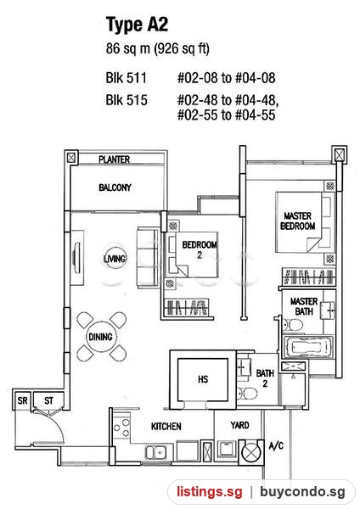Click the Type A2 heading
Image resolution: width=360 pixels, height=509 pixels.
coord(137,25)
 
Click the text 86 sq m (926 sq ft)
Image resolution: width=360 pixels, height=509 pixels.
coord(158,48)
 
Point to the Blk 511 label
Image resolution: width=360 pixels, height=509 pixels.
coord(126,78)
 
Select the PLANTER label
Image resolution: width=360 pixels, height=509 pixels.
coord(115,159)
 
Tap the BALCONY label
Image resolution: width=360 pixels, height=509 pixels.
coord(115,187)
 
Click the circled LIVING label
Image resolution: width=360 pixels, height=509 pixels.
coord(115,259)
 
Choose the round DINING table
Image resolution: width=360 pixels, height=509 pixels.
coord(101,337)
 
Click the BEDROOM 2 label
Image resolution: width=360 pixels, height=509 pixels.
coord(200,249)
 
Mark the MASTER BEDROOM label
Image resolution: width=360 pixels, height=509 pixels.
coord(298,221)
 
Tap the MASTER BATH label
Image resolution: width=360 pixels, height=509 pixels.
coord(304,306)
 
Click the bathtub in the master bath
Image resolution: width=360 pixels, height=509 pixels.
coord(308,347)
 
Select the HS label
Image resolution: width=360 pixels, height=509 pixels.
coord(203,379)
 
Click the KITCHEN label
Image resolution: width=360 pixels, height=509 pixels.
coord(166,426)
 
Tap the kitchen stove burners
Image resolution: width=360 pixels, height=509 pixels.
coord(122,428)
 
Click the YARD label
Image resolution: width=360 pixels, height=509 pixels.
coord(239,425)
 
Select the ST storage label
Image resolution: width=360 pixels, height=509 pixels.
coord(48,400)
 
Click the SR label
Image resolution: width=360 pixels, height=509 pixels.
coord(22,400)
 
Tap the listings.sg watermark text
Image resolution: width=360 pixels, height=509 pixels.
coord(210,492)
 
